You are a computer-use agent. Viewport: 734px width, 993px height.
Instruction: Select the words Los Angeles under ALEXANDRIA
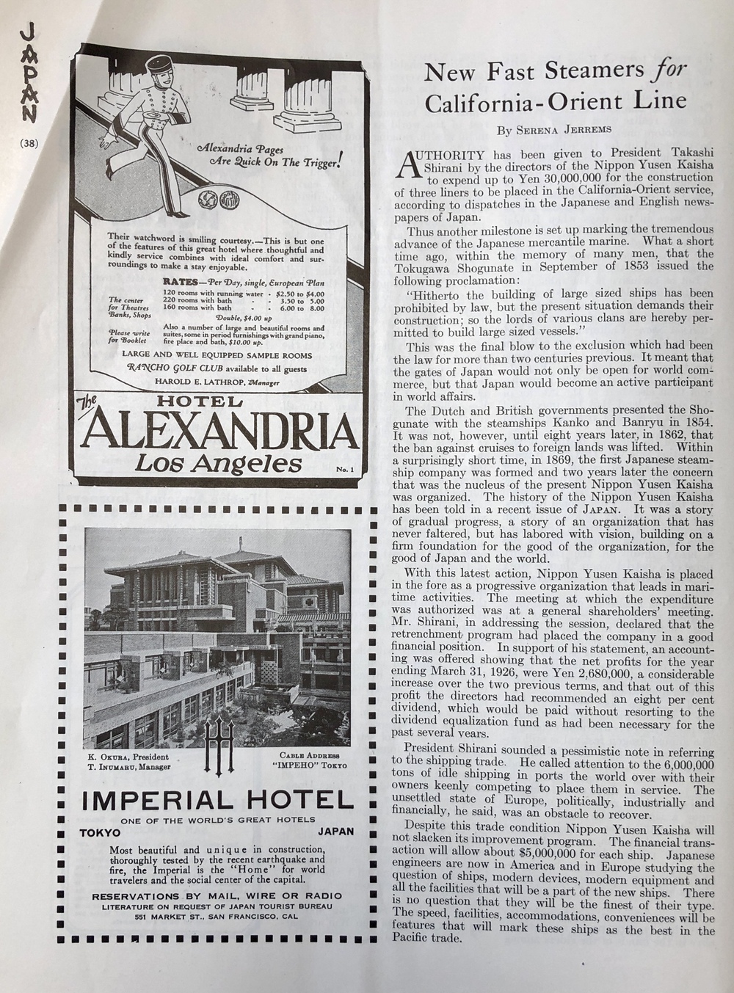(218, 465)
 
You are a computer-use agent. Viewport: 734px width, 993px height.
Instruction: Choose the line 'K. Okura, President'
(126, 757)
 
